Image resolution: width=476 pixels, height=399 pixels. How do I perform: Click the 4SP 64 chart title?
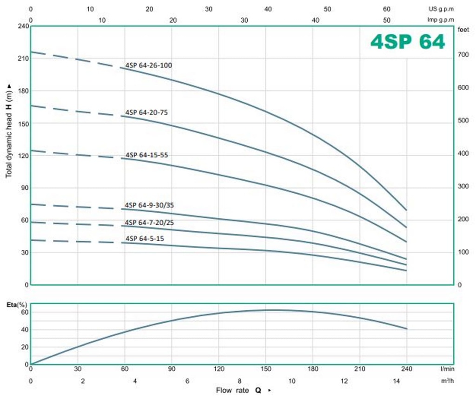[408, 42]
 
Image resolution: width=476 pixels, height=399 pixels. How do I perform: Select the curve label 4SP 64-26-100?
[149, 65]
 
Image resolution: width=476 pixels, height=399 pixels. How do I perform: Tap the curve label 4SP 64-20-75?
[146, 112]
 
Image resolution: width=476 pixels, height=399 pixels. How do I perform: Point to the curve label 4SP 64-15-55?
[146, 155]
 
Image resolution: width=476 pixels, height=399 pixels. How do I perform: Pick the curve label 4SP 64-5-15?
[145, 239]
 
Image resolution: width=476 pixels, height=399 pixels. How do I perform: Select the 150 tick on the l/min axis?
[265, 369]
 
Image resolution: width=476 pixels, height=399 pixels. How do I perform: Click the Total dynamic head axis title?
[9, 130]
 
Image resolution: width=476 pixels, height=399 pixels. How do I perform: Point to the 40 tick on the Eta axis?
[24, 330]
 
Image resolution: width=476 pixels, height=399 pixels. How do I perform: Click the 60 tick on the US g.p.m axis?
[386, 9]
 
